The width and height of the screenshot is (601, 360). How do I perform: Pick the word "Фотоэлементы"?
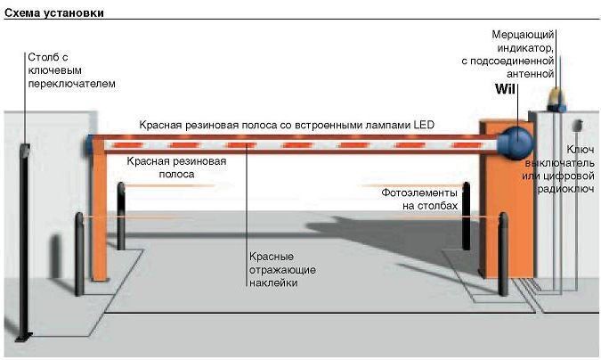tap(419, 192)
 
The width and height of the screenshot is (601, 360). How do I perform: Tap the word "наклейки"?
tap(273, 282)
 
